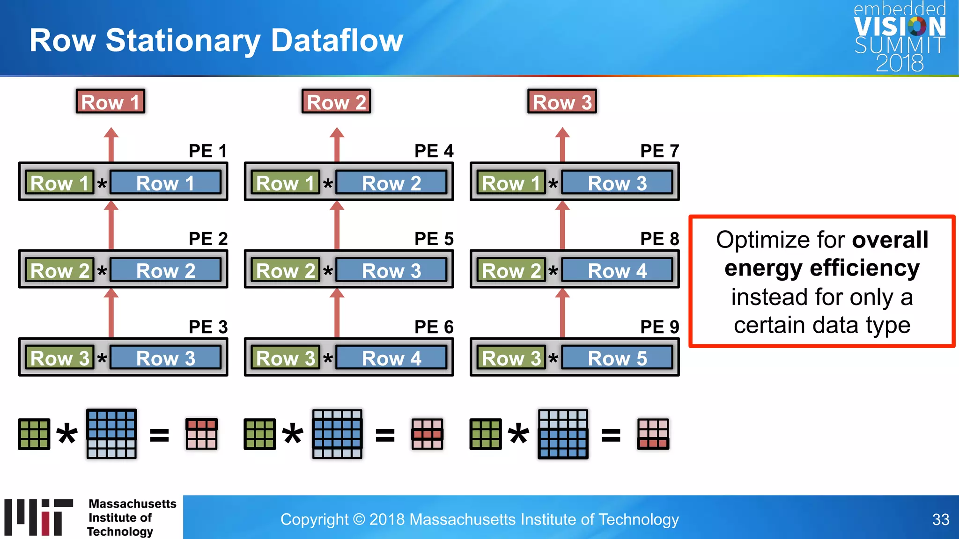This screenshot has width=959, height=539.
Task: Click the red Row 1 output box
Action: click(x=111, y=102)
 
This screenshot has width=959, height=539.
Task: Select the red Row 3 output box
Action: click(x=562, y=102)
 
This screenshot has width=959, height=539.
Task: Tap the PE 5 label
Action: click(x=434, y=239)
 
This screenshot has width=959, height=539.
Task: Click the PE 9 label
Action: click(x=659, y=327)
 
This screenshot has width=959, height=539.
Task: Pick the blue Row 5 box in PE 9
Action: click(x=617, y=358)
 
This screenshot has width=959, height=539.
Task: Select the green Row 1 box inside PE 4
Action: click(x=285, y=183)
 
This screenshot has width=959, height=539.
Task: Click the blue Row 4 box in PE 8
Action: click(x=617, y=271)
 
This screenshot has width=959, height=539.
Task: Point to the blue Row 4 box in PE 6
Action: click(x=391, y=358)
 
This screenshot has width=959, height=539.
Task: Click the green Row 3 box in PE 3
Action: click(x=59, y=358)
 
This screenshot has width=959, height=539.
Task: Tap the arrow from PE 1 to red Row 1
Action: click(x=111, y=145)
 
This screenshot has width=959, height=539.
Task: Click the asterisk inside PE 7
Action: click(x=553, y=184)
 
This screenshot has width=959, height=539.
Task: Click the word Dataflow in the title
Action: click(x=337, y=40)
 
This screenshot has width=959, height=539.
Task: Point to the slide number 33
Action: click(x=940, y=519)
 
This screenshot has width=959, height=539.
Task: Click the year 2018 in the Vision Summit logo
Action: click(x=900, y=63)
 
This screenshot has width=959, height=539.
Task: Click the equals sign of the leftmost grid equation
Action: click(x=159, y=435)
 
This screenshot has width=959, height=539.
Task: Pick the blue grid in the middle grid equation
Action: click(x=337, y=434)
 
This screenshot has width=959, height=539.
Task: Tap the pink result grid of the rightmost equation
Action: click(x=653, y=434)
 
